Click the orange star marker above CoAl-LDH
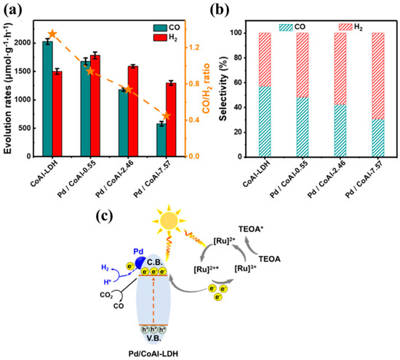tap(52, 34)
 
